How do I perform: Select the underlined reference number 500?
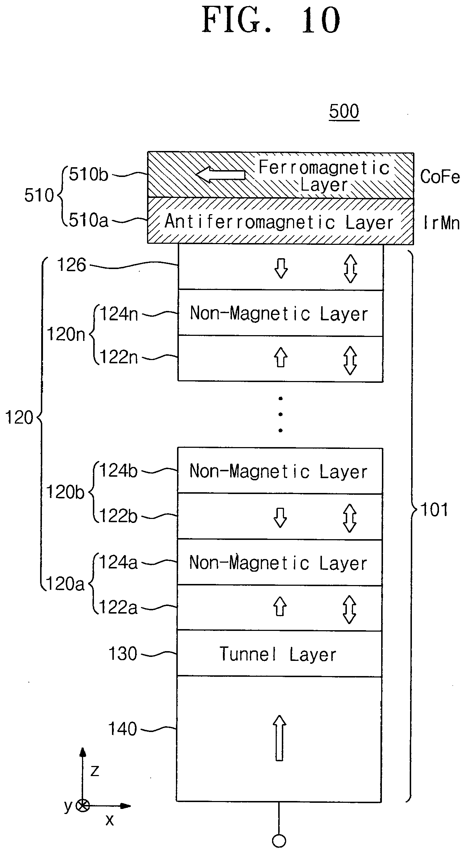coord(344,111)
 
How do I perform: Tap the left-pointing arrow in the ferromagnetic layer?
coord(220,175)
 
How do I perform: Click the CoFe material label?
coord(440,177)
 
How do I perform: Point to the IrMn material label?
coord(441,223)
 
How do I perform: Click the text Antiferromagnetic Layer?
coord(279,222)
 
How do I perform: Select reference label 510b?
coord(89,175)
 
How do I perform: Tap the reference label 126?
coord(72,265)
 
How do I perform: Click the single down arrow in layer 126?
coord(281,268)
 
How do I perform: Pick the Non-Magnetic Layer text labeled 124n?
coord(279,313)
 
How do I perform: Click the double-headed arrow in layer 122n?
coord(350,360)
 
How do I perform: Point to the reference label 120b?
coord(65,492)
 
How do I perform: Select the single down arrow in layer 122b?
coord(280,518)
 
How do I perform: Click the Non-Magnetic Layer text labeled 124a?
coord(278,563)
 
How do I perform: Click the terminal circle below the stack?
coord(279,841)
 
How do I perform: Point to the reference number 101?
coord(435,510)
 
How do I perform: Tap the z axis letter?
coord(95,771)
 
